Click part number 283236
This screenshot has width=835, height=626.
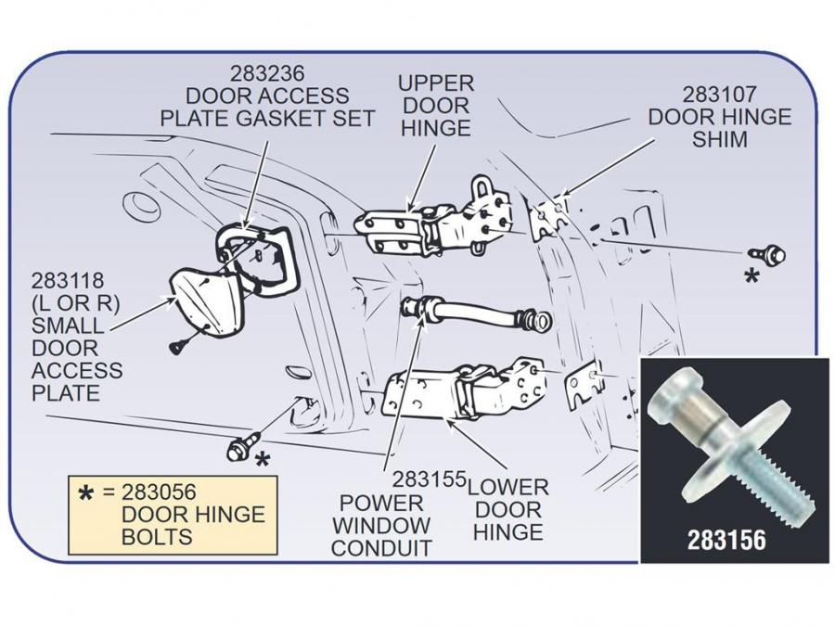[267, 72]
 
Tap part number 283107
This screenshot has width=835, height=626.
[720, 94]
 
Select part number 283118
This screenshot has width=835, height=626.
[67, 280]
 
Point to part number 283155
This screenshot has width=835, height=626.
[428, 480]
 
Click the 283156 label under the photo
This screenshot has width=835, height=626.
[726, 540]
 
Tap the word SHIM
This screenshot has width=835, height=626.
[720, 140]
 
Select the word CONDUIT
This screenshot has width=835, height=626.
[381, 547]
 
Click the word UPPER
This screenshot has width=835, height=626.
[436, 83]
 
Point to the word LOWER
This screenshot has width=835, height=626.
[507, 486]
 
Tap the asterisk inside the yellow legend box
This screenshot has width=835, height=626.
[85, 494]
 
